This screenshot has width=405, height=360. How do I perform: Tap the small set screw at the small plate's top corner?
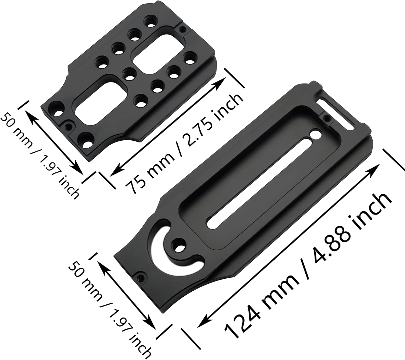(183, 29)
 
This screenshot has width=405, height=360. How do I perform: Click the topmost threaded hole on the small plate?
(149, 21)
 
